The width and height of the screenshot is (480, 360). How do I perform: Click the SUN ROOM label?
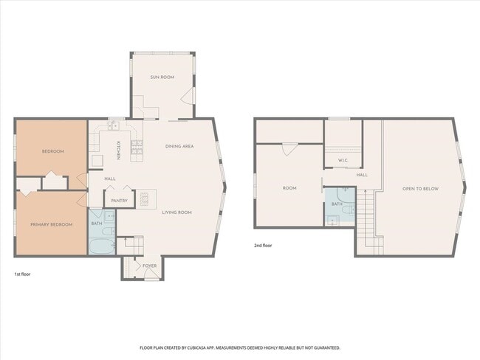tap(162, 77)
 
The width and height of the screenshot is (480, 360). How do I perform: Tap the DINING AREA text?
tap(179, 146)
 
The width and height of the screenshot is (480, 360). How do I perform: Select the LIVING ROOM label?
tap(177, 212)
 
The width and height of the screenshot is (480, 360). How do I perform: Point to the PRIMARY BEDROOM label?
tap(51, 224)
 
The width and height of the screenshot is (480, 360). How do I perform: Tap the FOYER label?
tap(149, 266)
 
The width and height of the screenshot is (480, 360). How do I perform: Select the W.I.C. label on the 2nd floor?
tap(343, 160)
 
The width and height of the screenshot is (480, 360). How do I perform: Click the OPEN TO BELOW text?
tap(420, 189)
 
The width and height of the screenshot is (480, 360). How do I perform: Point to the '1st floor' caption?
tap(22, 274)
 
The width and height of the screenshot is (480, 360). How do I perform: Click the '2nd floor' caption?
tap(262, 245)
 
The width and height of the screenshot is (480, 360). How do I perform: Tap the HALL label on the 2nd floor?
tap(362, 175)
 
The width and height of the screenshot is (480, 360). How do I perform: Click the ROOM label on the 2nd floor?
tap(289, 188)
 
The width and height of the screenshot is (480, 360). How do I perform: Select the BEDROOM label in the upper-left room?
tap(52, 151)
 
